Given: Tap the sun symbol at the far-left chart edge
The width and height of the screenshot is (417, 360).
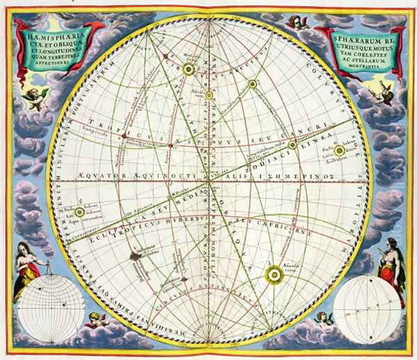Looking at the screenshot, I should point(81,211).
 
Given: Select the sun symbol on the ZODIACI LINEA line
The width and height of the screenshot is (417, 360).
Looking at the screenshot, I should point(313,145).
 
